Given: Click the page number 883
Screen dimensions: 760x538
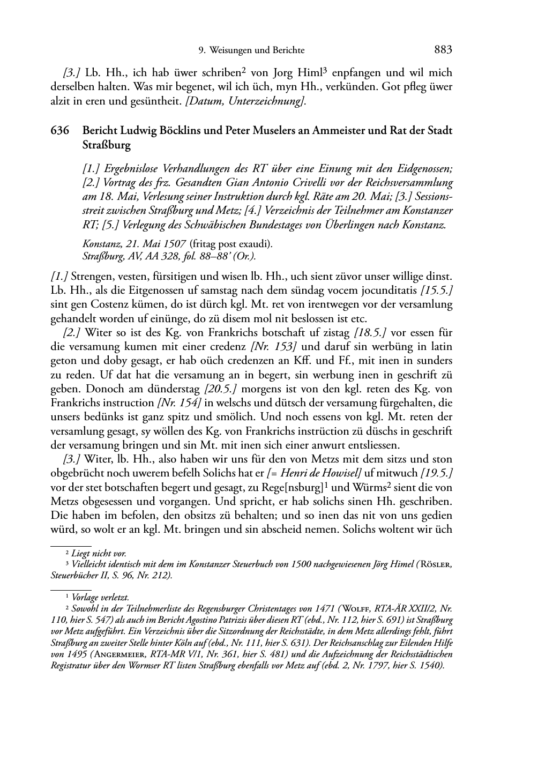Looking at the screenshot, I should (443, 50).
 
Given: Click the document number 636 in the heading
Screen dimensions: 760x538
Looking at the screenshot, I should (59, 131).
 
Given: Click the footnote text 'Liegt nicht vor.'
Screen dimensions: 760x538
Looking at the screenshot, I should (99, 553).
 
